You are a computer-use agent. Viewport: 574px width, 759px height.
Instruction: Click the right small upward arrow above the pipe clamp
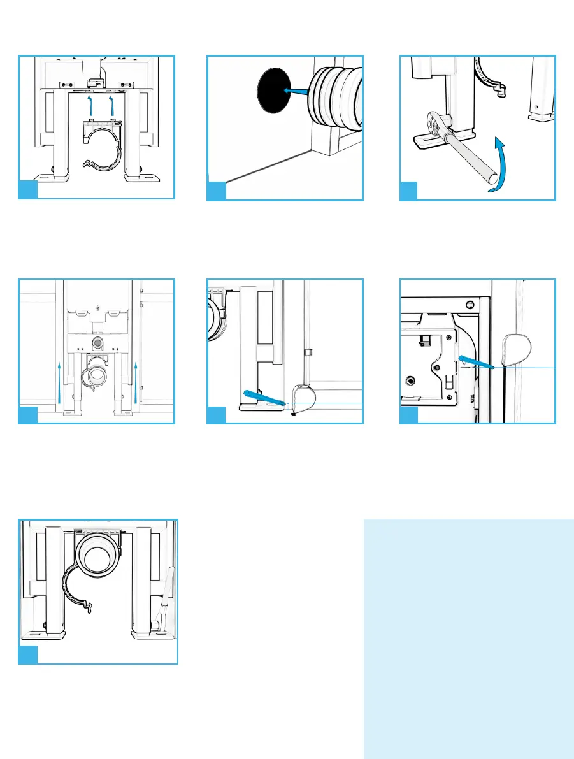(x=112, y=104)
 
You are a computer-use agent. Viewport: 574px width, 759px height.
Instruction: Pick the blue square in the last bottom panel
(x=27, y=654)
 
